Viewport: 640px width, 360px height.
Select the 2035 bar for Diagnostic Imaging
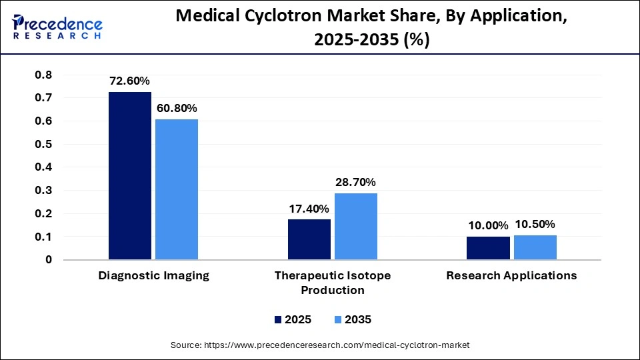coord(177,189)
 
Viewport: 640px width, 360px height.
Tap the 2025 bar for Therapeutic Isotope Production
coord(309,239)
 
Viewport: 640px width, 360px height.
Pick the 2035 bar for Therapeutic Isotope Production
coord(356,226)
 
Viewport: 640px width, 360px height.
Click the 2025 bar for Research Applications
coord(488,248)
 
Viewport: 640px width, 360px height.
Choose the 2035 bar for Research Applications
coord(535,247)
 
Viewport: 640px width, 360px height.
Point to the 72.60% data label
coord(130,81)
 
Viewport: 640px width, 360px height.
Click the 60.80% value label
coord(177,108)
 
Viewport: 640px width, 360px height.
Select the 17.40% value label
coord(309,208)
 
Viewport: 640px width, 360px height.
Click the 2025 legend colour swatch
coord(278,320)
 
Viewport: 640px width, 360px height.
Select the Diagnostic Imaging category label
coord(153,276)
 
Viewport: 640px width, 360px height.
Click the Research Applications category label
coord(511,276)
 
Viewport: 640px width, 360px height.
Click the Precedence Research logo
coord(57,27)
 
